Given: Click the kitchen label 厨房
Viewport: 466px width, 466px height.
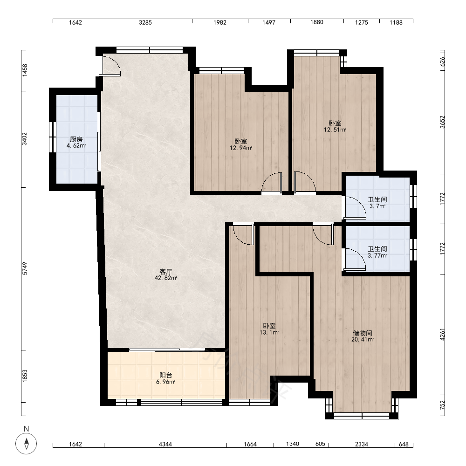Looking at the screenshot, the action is [x=76, y=139].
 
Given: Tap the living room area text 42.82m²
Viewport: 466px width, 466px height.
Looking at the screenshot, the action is [x=166, y=278].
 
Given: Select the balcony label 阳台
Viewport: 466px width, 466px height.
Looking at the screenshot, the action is [x=166, y=375].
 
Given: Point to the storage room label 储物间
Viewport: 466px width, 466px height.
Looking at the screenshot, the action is [x=363, y=333].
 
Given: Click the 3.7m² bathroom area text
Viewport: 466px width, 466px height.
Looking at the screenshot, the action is [x=377, y=206].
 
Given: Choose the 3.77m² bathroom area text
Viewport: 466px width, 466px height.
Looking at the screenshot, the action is [x=377, y=255].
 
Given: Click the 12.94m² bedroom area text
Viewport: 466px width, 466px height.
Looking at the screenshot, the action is [x=241, y=148].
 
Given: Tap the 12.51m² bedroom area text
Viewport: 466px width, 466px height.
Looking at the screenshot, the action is [x=335, y=130].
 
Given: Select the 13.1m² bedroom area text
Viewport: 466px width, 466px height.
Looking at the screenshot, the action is [x=269, y=333].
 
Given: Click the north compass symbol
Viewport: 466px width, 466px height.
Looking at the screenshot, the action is [x=27, y=444].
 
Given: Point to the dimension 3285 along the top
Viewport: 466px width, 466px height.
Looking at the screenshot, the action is [x=145, y=22].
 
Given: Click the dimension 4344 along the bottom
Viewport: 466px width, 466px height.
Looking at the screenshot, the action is [x=165, y=444].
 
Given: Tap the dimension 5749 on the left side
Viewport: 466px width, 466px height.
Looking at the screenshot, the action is [x=25, y=268].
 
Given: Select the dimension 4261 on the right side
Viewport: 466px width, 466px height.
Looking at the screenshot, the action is [x=443, y=335].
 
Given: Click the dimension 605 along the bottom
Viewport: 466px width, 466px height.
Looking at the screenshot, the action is [x=320, y=444].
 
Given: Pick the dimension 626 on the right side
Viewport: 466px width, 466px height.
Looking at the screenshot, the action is [x=443, y=61].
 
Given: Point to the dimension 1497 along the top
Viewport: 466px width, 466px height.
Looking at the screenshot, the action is [x=269, y=22].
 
